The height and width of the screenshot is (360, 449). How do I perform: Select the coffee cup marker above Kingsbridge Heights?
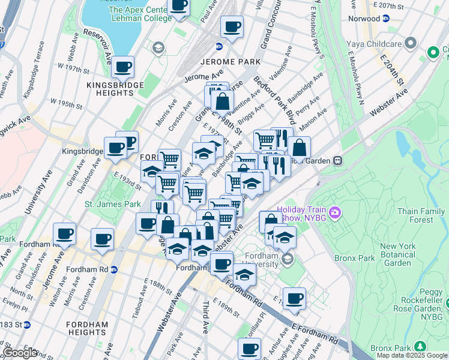pos(124,67)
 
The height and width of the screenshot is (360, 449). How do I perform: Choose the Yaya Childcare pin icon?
pos(411,43)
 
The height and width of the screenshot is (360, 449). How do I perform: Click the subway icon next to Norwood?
pos(386,19)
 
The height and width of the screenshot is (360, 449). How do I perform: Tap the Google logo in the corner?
pos(20,353)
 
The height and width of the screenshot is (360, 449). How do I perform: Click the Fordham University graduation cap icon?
pos(287,259)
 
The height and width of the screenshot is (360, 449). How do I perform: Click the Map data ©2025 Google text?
pos(411,355)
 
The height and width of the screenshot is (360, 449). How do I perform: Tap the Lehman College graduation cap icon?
pos(158,47)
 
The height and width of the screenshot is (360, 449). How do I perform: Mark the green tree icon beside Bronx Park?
pos(420,347)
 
